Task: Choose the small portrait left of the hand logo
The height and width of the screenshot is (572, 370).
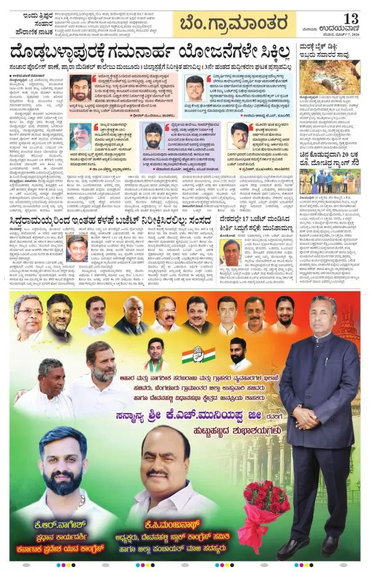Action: coord(156,354)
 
